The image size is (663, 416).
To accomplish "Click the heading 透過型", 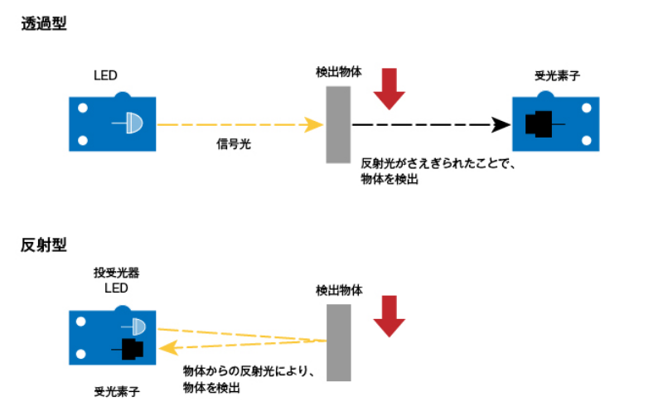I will [44, 24].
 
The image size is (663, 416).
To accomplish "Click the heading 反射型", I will [44, 245].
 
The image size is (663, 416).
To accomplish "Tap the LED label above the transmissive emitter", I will [105, 76].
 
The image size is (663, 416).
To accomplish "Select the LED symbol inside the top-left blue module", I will [133, 124].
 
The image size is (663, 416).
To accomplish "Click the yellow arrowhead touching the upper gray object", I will [314, 125].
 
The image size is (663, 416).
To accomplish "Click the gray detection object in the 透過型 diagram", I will [338, 124].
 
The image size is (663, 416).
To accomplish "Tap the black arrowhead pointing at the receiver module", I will [501, 125].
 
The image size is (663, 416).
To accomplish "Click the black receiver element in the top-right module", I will [539, 124].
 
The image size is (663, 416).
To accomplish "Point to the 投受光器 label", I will [115, 273].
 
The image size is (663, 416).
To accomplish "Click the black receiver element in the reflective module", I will [132, 349].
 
